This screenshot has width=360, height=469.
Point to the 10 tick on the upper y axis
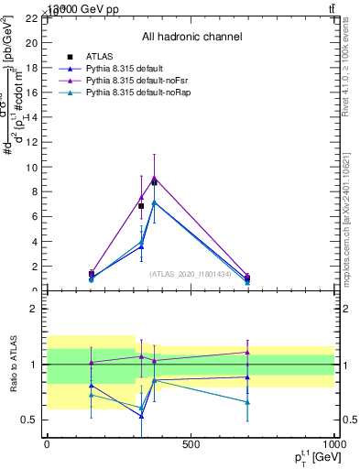tap(31, 168)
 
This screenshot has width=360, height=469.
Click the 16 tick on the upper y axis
tap(31, 93)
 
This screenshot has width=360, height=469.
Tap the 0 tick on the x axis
tap(47, 444)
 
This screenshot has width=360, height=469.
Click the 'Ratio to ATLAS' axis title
tap(11, 365)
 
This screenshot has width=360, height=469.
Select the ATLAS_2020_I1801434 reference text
tap(191, 275)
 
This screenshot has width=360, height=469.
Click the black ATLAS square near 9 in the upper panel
tap(154, 183)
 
